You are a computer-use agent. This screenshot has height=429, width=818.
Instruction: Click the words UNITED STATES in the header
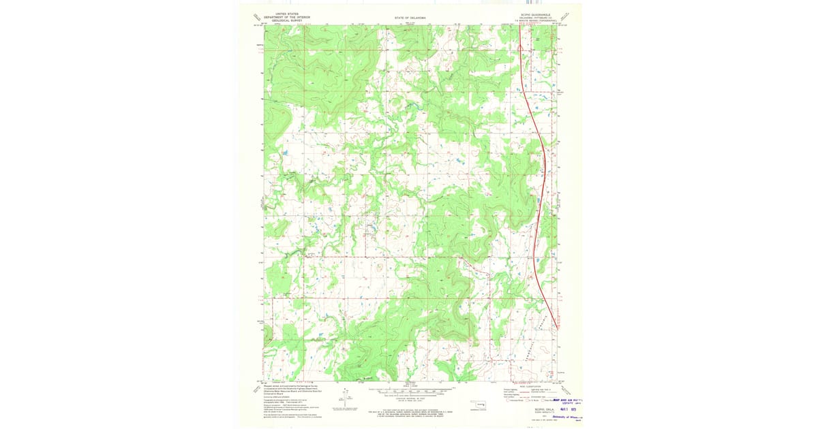pyautogui.click(x=287, y=13)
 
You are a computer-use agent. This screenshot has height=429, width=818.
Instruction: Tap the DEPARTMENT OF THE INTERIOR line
pyautogui.click(x=287, y=17)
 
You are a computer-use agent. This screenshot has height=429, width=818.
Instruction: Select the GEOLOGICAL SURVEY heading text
pyautogui.click(x=287, y=21)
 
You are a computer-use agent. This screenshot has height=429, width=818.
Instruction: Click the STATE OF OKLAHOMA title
pyautogui.click(x=409, y=18)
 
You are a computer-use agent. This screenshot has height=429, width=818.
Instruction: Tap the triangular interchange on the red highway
pyautogui.click(x=521, y=48)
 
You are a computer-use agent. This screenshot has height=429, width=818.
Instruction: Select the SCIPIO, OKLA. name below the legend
pyautogui.click(x=534, y=409)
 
